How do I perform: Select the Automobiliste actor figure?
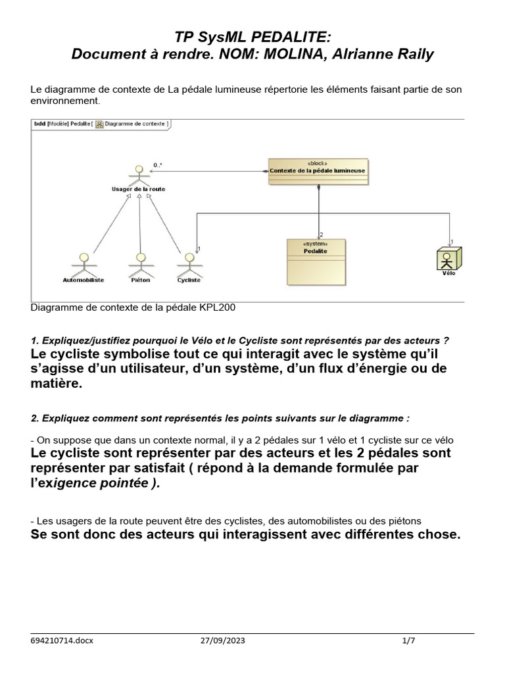coord(83,263)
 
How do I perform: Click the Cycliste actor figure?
coord(189,263)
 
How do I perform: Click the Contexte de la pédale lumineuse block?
coord(318,170)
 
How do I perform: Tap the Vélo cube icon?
coord(448,258)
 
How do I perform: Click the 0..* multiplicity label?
coord(158,165)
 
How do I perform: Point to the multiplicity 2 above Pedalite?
coord(322,234)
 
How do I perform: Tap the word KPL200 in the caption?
coord(219,307)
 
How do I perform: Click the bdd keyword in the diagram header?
coord(38,123)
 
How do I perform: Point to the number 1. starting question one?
coord(34,340)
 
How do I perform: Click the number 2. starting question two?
coord(34,418)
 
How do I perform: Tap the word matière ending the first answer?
coord(57,384)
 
